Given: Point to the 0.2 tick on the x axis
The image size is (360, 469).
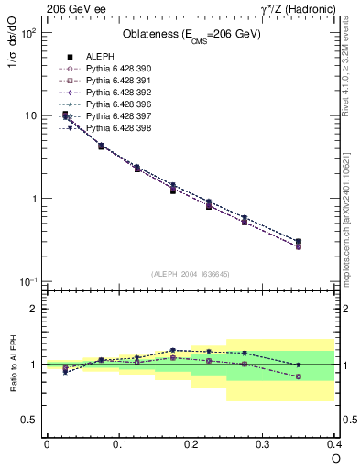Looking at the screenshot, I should (x=191, y=444).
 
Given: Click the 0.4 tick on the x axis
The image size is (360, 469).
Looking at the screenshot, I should (x=334, y=444).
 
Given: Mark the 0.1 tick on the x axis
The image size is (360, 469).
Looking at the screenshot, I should (x=119, y=444).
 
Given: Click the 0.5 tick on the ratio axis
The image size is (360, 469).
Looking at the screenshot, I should (x=34, y=420).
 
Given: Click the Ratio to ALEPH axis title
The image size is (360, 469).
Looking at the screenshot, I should (x=13, y=364).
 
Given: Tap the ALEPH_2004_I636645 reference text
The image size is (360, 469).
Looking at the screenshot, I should (x=191, y=274).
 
